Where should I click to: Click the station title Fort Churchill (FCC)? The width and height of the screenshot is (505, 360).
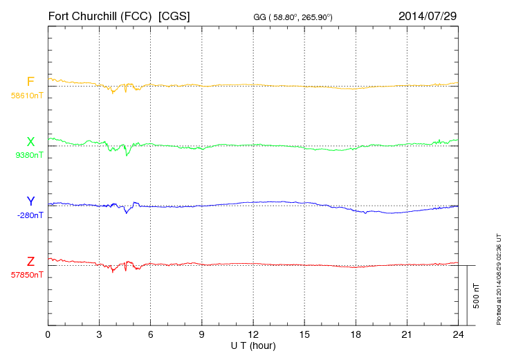point(100,15)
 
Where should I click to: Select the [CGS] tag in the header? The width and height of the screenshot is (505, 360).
point(174,15)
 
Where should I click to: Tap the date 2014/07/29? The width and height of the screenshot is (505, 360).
point(427,15)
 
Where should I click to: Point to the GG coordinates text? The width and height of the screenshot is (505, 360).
point(293,16)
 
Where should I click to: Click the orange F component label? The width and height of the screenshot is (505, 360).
point(30,82)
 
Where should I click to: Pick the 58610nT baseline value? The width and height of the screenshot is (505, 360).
point(26,95)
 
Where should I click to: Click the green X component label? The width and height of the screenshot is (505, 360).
point(30,141)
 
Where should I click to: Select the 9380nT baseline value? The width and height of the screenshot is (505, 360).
point(28,155)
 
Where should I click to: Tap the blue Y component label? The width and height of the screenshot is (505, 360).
point(30,201)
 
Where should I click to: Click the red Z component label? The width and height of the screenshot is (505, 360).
point(30,261)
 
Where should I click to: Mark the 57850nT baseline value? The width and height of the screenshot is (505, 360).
point(26,275)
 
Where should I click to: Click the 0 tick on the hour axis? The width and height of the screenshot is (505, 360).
point(48,334)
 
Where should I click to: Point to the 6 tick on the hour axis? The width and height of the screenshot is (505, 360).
point(150,334)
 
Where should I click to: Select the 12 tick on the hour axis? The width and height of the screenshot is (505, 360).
point(252,334)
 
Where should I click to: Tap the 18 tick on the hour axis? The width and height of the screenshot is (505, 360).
point(355,334)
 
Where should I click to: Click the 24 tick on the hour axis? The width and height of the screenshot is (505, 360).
point(457,334)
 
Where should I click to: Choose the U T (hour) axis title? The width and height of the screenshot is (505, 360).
point(252,345)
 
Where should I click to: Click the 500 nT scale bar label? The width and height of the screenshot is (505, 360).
point(476,295)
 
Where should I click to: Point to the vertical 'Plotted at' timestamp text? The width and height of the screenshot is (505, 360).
point(498,278)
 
